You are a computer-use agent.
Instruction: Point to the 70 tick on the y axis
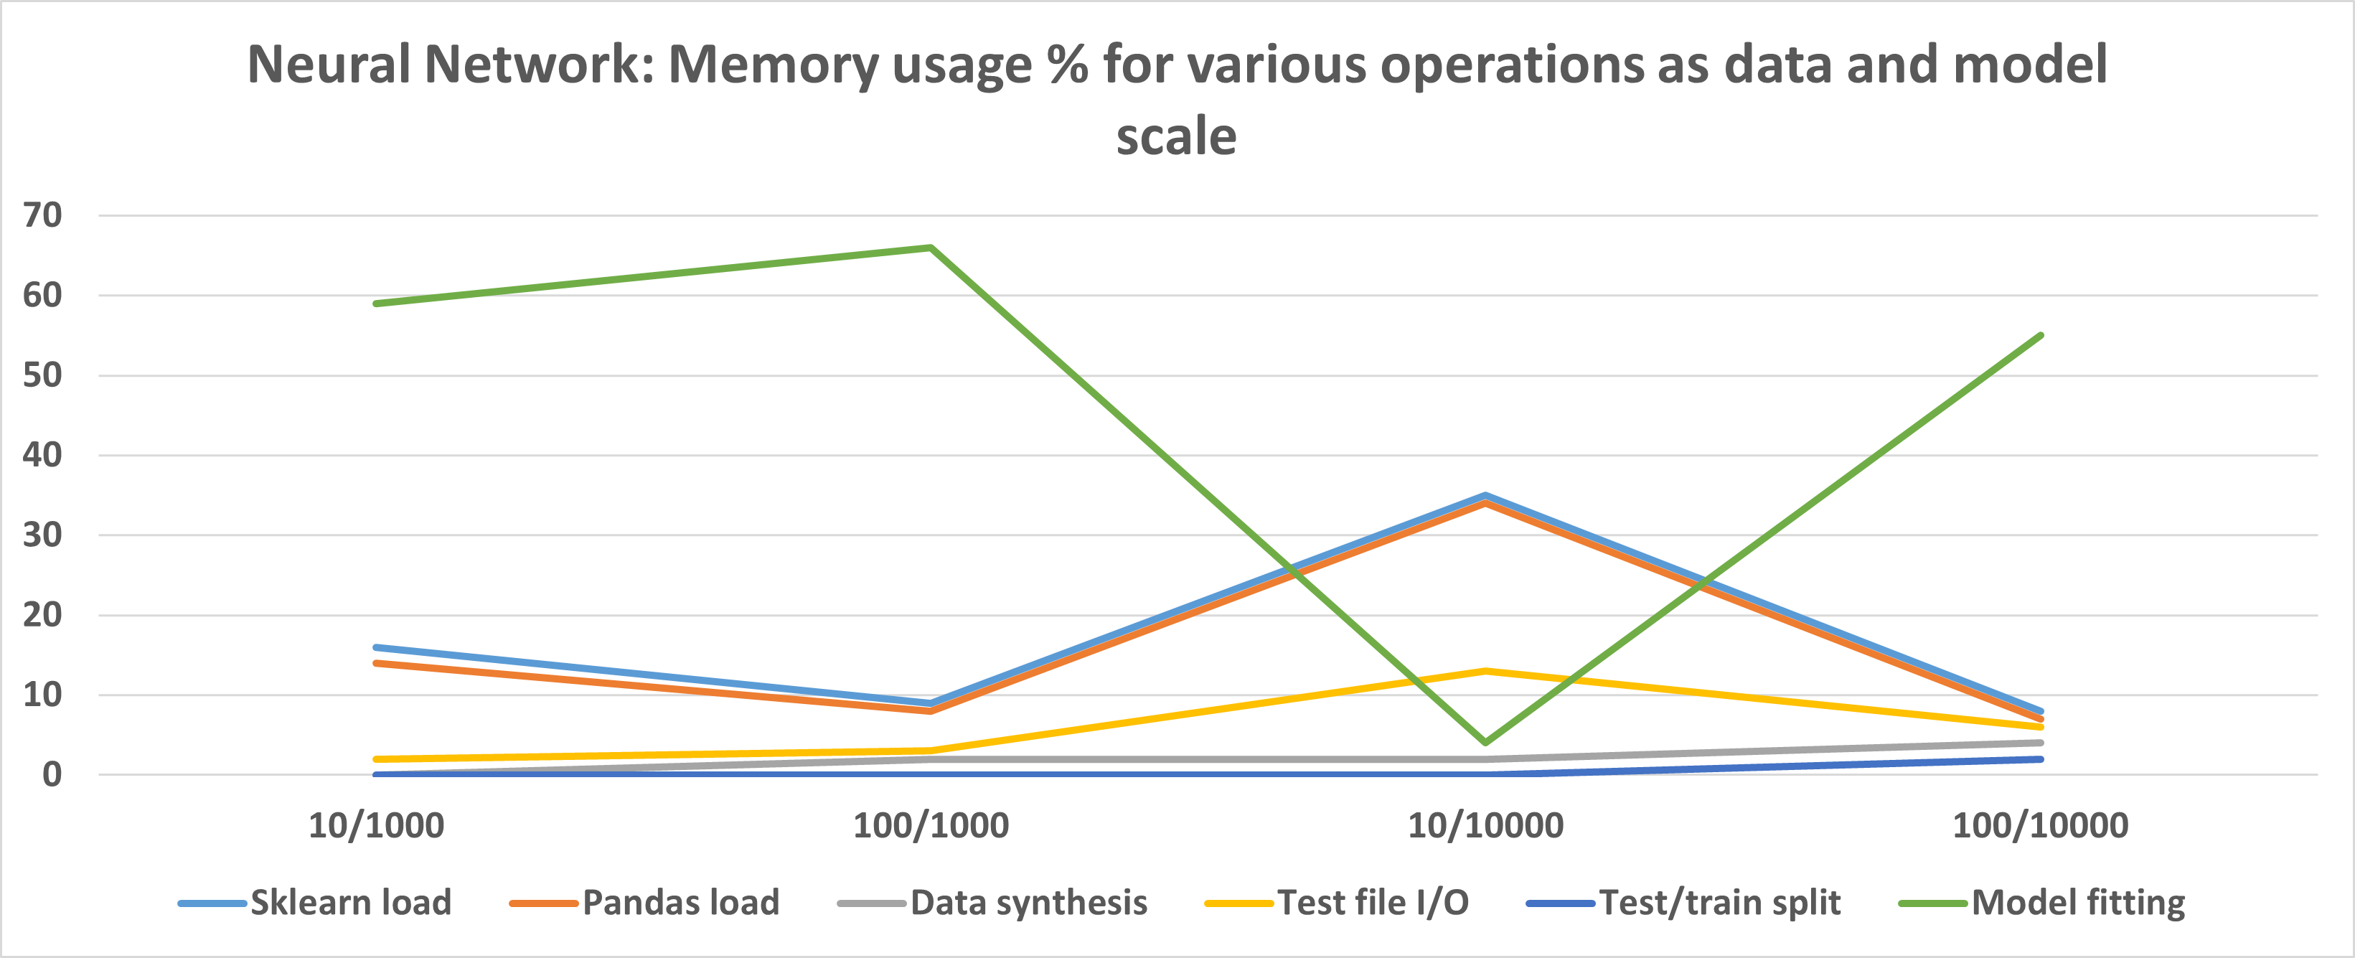42,216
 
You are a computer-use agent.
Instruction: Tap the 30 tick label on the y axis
42,535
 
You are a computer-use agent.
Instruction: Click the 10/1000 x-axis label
376,825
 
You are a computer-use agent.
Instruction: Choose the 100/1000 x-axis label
931,825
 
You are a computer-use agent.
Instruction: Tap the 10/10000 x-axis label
1485,825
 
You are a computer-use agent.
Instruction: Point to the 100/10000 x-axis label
2041,825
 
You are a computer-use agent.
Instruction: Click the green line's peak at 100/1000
931,248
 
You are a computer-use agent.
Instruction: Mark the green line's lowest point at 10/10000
1485,742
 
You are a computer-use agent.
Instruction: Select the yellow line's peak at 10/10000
1485,671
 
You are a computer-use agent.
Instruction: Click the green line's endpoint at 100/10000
2041,336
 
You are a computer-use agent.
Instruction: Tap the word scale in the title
1177,137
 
